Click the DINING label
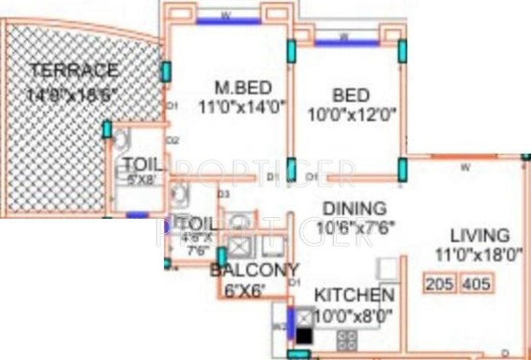[354, 209]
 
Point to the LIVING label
[479, 235]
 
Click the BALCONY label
[254, 270]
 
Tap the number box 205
[440, 284]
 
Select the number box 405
[476, 284]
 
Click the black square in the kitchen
[304, 336]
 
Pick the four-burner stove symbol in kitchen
[346, 339]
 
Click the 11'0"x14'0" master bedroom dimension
[241, 106]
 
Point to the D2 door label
[171, 140]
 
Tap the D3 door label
[224, 194]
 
